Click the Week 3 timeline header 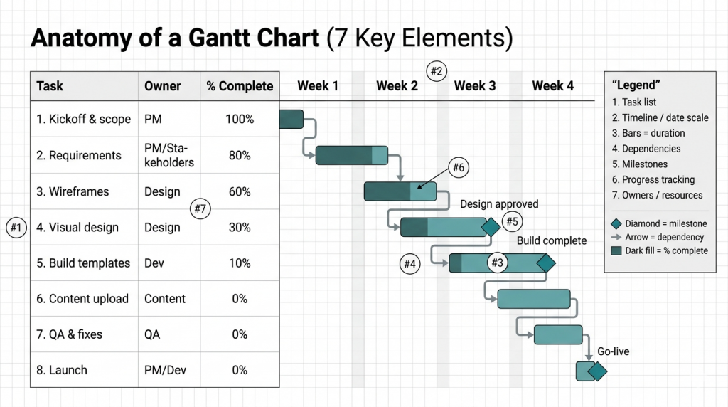coord(474,86)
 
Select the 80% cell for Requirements coord(240,155)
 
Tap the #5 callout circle coord(512,221)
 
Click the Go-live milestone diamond coord(597,371)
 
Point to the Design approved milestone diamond coord(491,227)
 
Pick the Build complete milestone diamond coord(545,263)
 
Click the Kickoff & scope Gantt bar coord(291,120)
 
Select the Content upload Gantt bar coord(534,299)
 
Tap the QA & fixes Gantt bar coord(558,334)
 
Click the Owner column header coord(162,86)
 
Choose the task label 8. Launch coord(62,370)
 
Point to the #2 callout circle coord(437,70)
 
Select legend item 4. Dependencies coord(646,149)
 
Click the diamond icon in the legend coord(616,223)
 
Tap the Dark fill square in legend coord(616,250)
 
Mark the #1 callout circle coord(16,228)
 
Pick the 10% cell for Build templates coord(240,263)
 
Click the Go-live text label coord(613,351)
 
